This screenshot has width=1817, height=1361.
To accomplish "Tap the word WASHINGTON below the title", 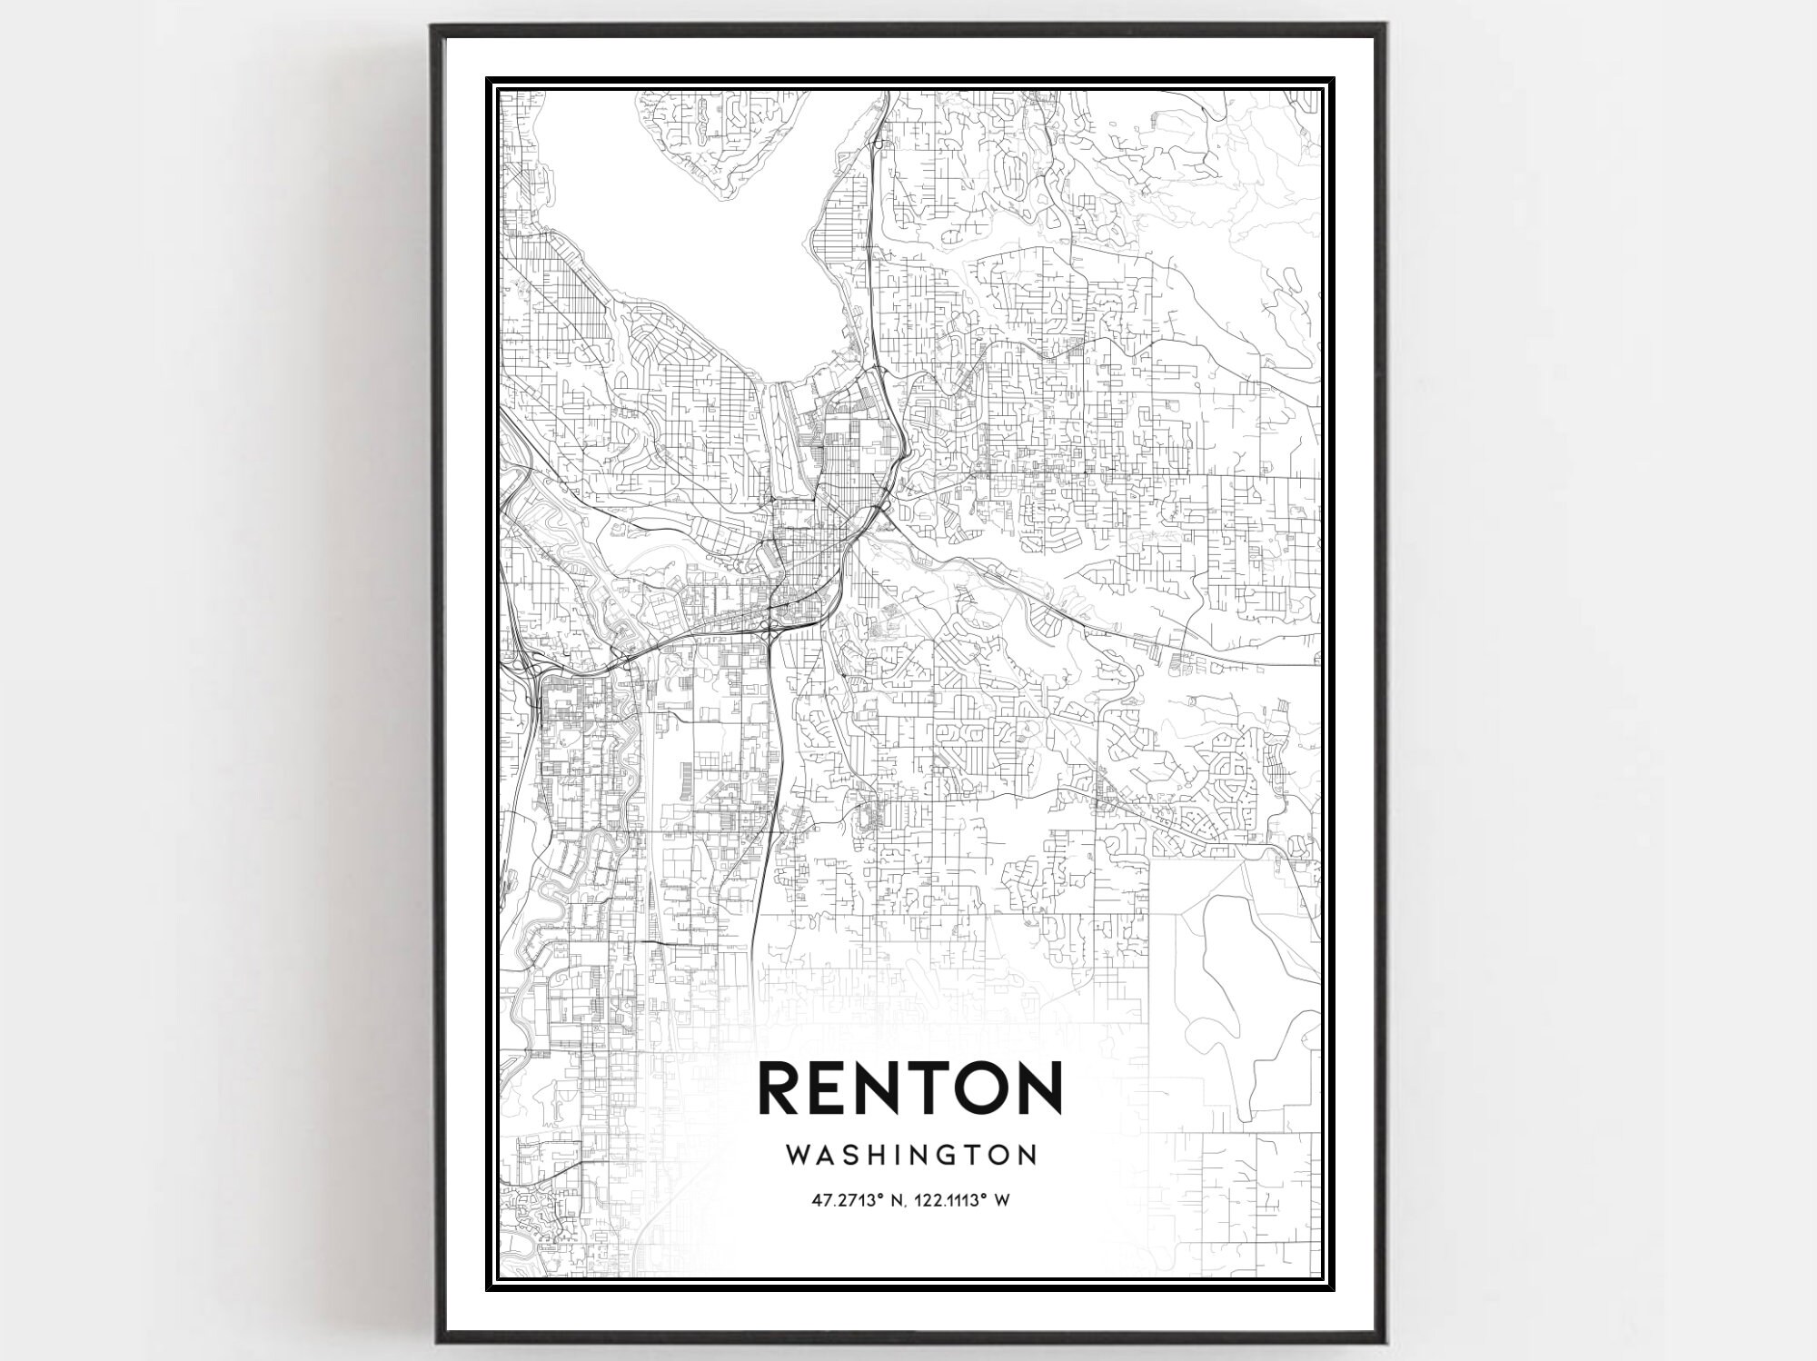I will click(x=910, y=1155).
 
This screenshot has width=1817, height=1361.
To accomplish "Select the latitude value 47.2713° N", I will click(x=860, y=1200).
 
